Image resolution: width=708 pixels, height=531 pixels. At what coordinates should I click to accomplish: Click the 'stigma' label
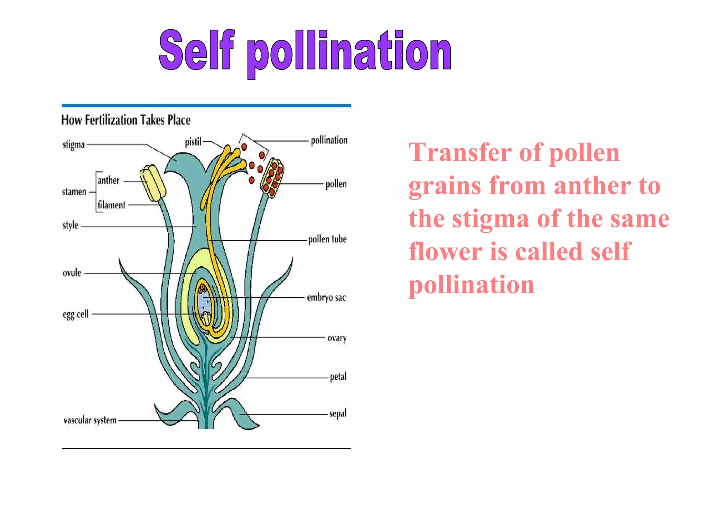pyautogui.click(x=74, y=145)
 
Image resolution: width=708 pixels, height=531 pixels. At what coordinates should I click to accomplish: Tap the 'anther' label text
pyautogui.click(x=109, y=180)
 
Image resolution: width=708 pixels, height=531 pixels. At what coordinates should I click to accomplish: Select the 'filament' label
pyautogui.click(x=111, y=205)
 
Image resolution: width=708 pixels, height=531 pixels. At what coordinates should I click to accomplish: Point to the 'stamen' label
pyautogui.click(x=74, y=192)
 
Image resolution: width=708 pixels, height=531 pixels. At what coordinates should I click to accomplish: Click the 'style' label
pyautogui.click(x=71, y=225)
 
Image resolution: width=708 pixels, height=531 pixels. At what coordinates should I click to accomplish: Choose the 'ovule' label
pyautogui.click(x=72, y=273)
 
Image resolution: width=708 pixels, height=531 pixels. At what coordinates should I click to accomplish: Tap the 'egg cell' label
pyautogui.click(x=76, y=314)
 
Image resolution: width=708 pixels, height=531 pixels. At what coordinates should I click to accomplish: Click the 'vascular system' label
pyautogui.click(x=90, y=420)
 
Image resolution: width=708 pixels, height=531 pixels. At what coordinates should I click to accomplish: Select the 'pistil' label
pyautogui.click(x=193, y=142)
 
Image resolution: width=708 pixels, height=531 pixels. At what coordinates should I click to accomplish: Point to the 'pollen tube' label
pyautogui.click(x=327, y=239)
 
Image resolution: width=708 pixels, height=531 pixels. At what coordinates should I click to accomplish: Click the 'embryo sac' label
pyautogui.click(x=326, y=298)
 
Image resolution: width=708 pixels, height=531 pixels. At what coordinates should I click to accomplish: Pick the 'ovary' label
pyautogui.click(x=337, y=338)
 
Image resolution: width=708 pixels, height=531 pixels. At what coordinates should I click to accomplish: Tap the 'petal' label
pyautogui.click(x=338, y=377)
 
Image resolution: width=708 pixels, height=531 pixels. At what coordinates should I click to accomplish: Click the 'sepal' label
pyautogui.click(x=338, y=414)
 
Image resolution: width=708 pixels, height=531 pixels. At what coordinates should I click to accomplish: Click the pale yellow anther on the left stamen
pyautogui.click(x=153, y=183)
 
